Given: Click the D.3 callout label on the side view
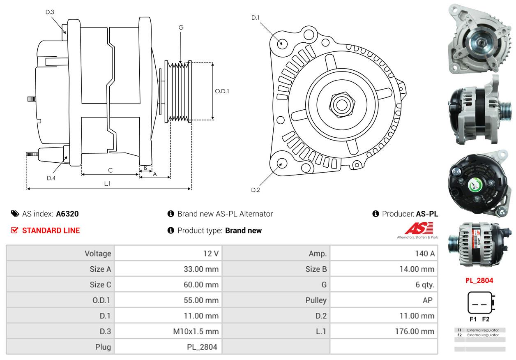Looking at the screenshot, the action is (50, 12).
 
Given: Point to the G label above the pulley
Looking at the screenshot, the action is (181, 28).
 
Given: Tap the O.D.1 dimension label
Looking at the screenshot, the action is (222, 91).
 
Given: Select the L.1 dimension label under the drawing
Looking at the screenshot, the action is (107, 183).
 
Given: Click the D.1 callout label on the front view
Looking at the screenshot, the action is (255, 18).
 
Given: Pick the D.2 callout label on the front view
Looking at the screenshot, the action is (255, 190).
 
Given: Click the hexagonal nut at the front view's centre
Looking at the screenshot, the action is (342, 105).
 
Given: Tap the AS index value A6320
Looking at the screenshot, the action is (67, 214).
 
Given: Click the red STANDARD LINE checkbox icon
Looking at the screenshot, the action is (14, 230).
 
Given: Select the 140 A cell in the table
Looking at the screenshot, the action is (425, 254).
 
